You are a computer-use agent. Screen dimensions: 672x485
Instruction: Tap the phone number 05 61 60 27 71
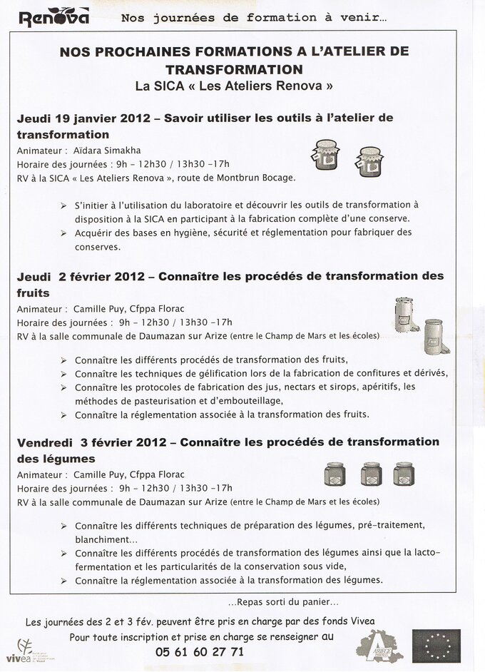click(x=200, y=651)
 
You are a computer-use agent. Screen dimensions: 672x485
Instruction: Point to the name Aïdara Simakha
click(x=108, y=151)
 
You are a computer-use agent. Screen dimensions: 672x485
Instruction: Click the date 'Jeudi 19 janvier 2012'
click(x=85, y=118)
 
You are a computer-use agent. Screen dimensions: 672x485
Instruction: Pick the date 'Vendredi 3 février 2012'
click(x=93, y=442)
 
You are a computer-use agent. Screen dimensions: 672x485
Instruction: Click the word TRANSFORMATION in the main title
click(x=233, y=69)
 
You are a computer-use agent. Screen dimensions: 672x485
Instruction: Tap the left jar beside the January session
click(x=325, y=155)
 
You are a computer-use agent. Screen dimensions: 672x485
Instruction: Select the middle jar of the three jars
click(x=371, y=473)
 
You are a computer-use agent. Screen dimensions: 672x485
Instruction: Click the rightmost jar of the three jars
click(x=404, y=473)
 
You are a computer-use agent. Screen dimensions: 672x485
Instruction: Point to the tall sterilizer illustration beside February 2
click(x=406, y=315)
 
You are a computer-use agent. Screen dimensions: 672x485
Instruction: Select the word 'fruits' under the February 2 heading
click(x=33, y=292)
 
